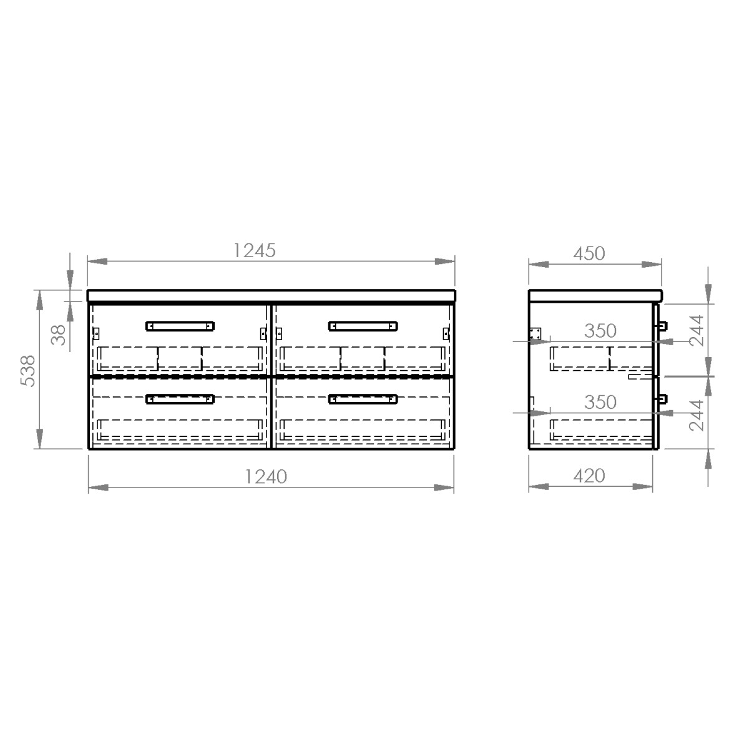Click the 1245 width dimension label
point(254,251)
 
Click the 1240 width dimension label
point(266,476)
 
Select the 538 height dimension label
point(27,371)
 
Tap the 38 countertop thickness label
point(58,335)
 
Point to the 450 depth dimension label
point(589,254)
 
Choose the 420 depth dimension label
point(589,476)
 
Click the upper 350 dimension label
point(600,331)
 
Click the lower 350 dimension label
point(600,403)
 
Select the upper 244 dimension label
point(696,331)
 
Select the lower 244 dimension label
point(696,416)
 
